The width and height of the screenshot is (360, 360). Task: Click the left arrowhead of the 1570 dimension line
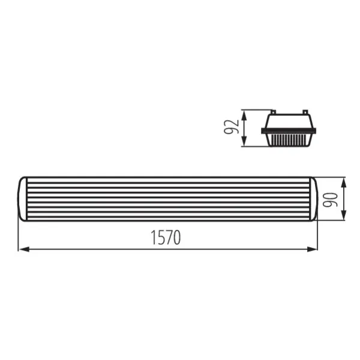pyautogui.click(x=22, y=249)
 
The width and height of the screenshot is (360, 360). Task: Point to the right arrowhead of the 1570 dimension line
pyautogui.click(x=315, y=249)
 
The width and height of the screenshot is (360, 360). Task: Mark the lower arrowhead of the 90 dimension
pyautogui.click(x=343, y=218)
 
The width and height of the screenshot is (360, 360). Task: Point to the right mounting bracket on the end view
pyautogui.click(x=305, y=112)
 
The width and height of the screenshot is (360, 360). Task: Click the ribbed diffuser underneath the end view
pyautogui.click(x=290, y=140)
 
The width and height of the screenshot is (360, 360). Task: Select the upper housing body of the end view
pyautogui.click(x=290, y=122)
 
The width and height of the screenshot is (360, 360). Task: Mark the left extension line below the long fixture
pyautogui.click(x=19, y=237)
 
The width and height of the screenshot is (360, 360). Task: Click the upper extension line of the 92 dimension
pyautogui.click(x=255, y=110)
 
